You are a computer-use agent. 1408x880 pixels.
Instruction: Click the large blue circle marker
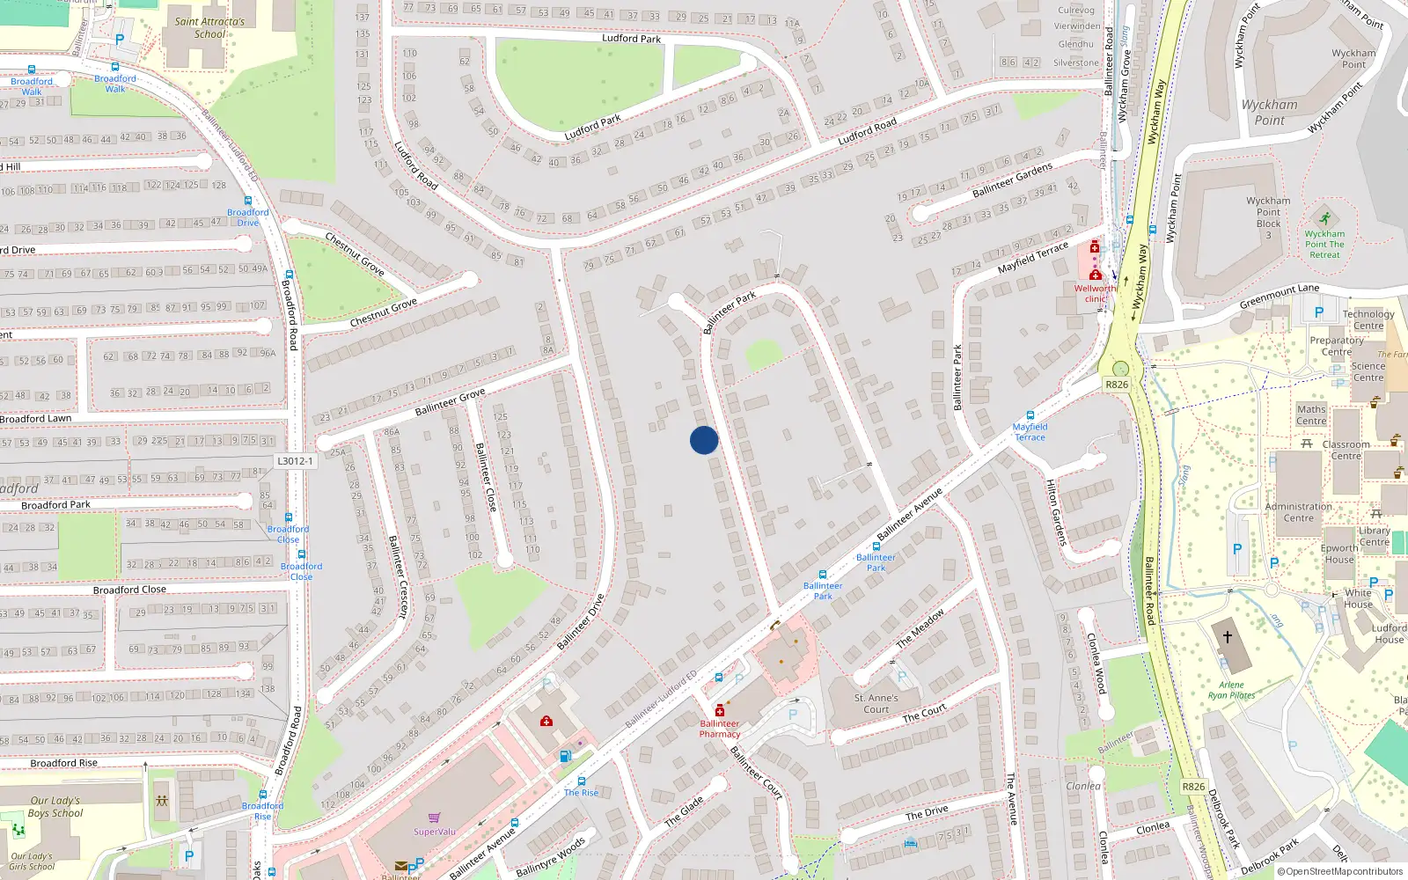pyautogui.click(x=704, y=440)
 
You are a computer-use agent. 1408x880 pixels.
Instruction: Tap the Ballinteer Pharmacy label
pyautogui.click(x=720, y=729)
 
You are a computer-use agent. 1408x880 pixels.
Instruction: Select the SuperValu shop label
pyautogui.click(x=435, y=832)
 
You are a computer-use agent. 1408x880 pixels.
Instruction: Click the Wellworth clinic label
pyautogui.click(x=1095, y=293)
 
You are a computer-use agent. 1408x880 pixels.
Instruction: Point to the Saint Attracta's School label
pyautogui.click(x=209, y=28)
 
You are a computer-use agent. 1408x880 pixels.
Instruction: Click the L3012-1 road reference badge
pyautogui.click(x=295, y=461)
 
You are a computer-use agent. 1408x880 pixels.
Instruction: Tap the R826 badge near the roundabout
pyautogui.click(x=1117, y=385)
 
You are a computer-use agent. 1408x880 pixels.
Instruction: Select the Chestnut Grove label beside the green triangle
pyautogui.click(x=383, y=312)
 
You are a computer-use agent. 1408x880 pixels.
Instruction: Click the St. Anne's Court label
pyautogui.click(x=876, y=704)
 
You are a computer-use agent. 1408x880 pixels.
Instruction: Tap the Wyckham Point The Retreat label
pyautogui.click(x=1324, y=245)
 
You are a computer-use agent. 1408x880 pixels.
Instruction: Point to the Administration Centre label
pyautogui.click(x=1298, y=512)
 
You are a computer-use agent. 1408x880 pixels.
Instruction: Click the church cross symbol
pyautogui.click(x=1227, y=636)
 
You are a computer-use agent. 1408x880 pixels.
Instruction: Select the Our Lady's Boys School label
pyautogui.click(x=55, y=807)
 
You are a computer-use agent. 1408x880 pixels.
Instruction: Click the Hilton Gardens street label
pyautogui.click(x=1055, y=513)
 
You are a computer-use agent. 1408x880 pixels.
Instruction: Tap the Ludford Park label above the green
pyautogui.click(x=631, y=39)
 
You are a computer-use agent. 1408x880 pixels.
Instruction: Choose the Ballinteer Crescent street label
pyautogui.click(x=399, y=577)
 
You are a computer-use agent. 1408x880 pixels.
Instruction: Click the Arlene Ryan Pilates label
pyautogui.click(x=1231, y=690)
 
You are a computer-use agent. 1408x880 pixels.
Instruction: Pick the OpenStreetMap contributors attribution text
pyautogui.click(x=1344, y=872)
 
